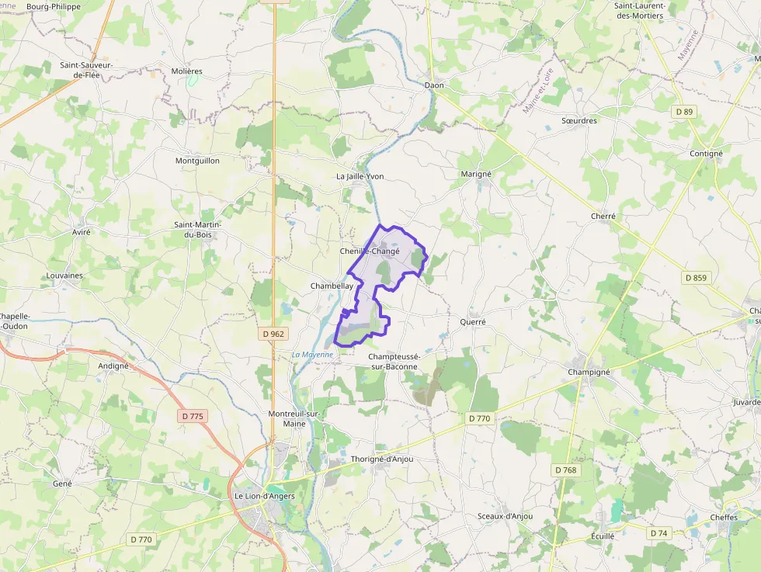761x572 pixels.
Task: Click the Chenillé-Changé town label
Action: click(x=370, y=251)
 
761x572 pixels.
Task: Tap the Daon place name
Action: click(x=434, y=85)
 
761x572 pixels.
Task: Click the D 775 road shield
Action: click(x=193, y=416)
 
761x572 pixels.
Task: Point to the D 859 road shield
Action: click(x=697, y=277)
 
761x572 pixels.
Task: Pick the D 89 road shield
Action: click(x=684, y=112)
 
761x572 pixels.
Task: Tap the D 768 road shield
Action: click(x=566, y=470)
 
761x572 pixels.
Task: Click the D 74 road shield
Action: click(x=658, y=533)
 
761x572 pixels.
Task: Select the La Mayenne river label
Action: click(x=312, y=355)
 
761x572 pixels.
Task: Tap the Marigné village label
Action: click(x=476, y=174)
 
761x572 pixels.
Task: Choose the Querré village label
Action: click(x=473, y=321)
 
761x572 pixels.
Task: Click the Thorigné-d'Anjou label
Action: click(x=382, y=459)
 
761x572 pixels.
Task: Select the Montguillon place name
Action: click(x=197, y=161)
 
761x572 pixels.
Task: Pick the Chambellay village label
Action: click(x=332, y=286)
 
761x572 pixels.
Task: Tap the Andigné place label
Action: click(x=113, y=366)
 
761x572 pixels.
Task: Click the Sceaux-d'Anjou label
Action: click(x=505, y=516)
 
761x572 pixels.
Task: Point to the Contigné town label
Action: click(x=706, y=154)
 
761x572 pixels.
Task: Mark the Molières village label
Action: click(x=186, y=71)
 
